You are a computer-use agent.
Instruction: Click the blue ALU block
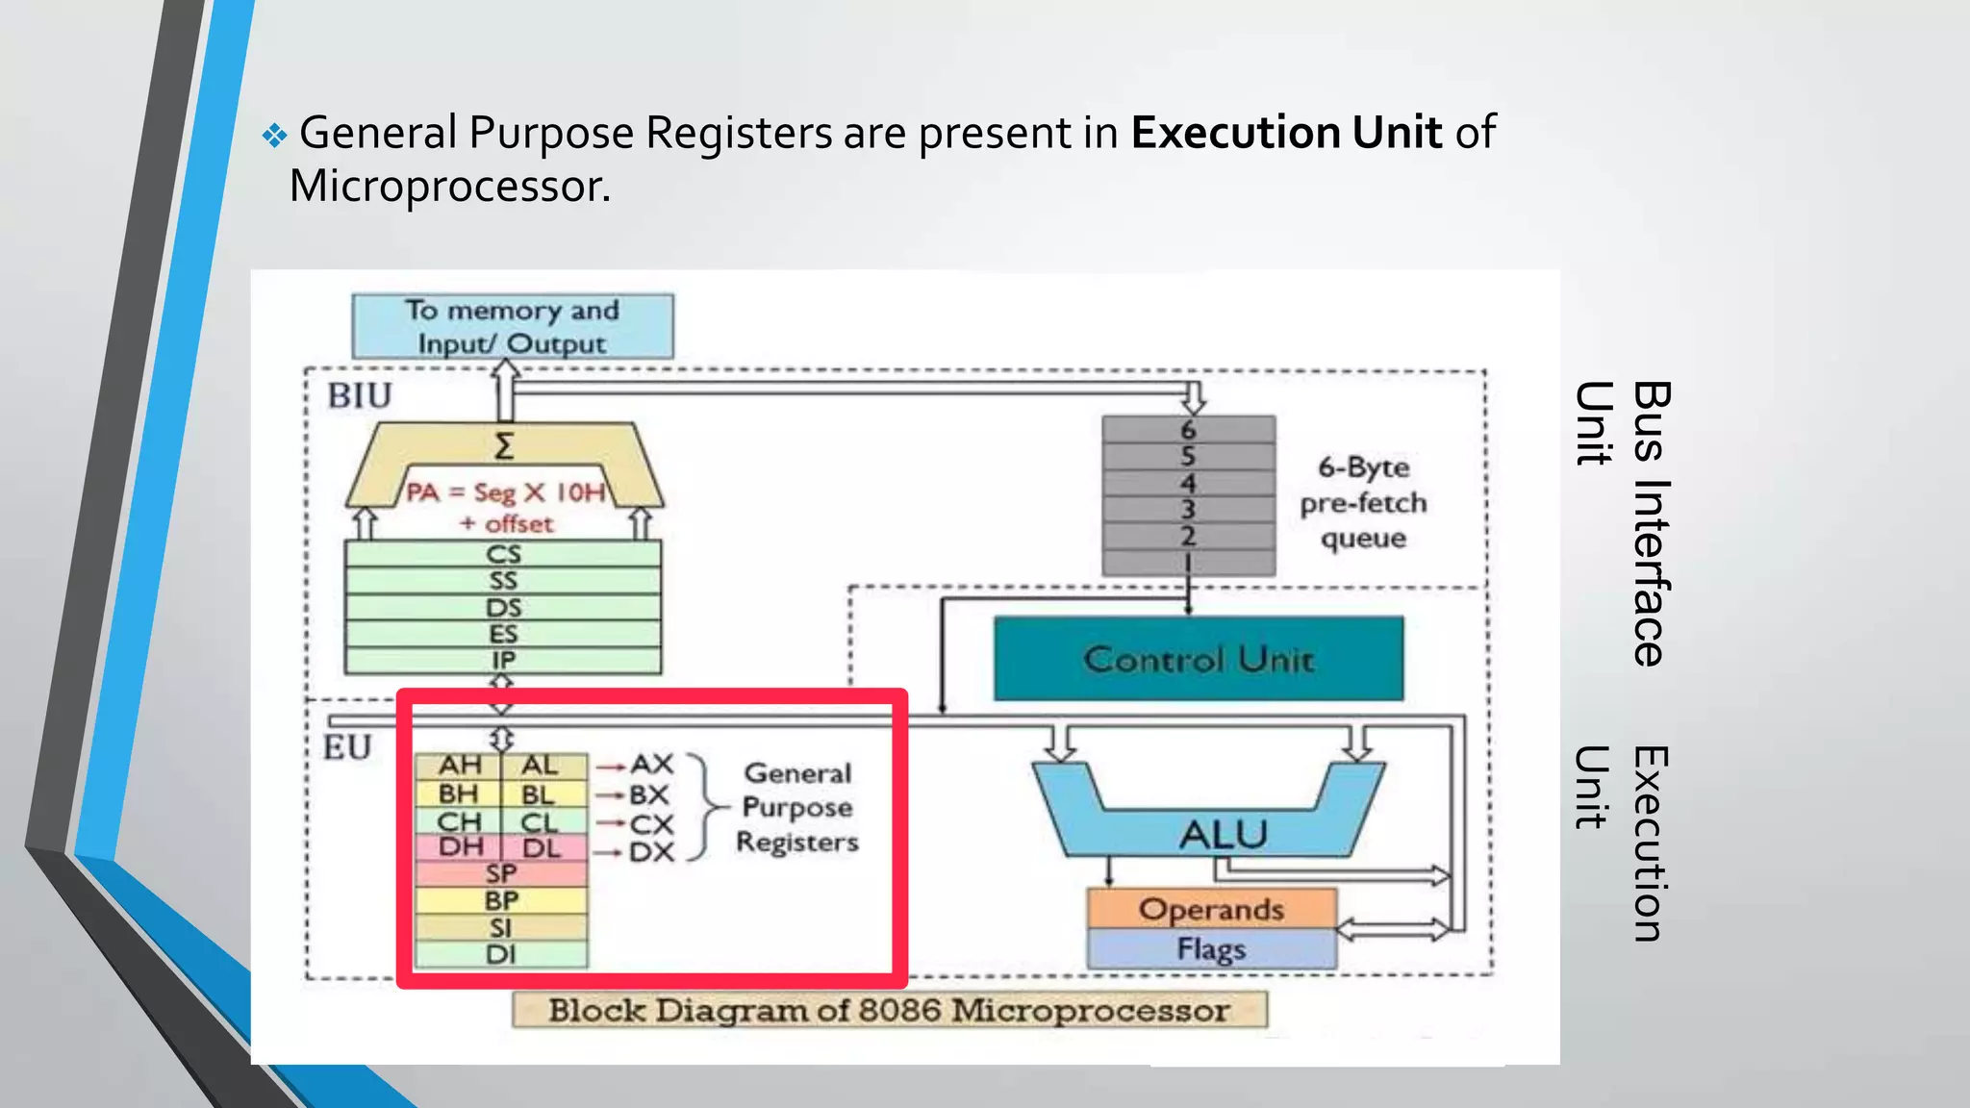coord(1222,832)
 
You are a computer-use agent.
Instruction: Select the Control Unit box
coord(1199,659)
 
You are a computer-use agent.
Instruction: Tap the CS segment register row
coord(503,554)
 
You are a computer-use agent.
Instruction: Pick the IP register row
coord(503,661)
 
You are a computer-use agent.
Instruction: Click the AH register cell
coord(459,766)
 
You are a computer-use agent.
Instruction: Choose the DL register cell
coord(542,847)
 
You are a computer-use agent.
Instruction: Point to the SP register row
coord(500,873)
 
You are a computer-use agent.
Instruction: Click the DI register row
coord(500,954)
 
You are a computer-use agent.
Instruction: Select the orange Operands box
coord(1211,909)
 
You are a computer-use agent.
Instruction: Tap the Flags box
coord(1211,949)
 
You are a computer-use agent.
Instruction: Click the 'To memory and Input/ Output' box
coord(512,327)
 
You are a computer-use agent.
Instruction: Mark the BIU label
coord(360,395)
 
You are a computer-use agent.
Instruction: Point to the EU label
coord(347,747)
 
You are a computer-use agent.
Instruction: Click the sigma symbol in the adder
coord(504,446)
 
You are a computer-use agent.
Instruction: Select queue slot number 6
coord(1189,430)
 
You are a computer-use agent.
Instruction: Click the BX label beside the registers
coord(649,795)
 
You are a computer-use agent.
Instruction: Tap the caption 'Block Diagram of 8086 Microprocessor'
coord(889,1010)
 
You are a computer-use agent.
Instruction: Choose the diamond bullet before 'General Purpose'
coord(274,136)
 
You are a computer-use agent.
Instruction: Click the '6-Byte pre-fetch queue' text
coord(1363,502)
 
